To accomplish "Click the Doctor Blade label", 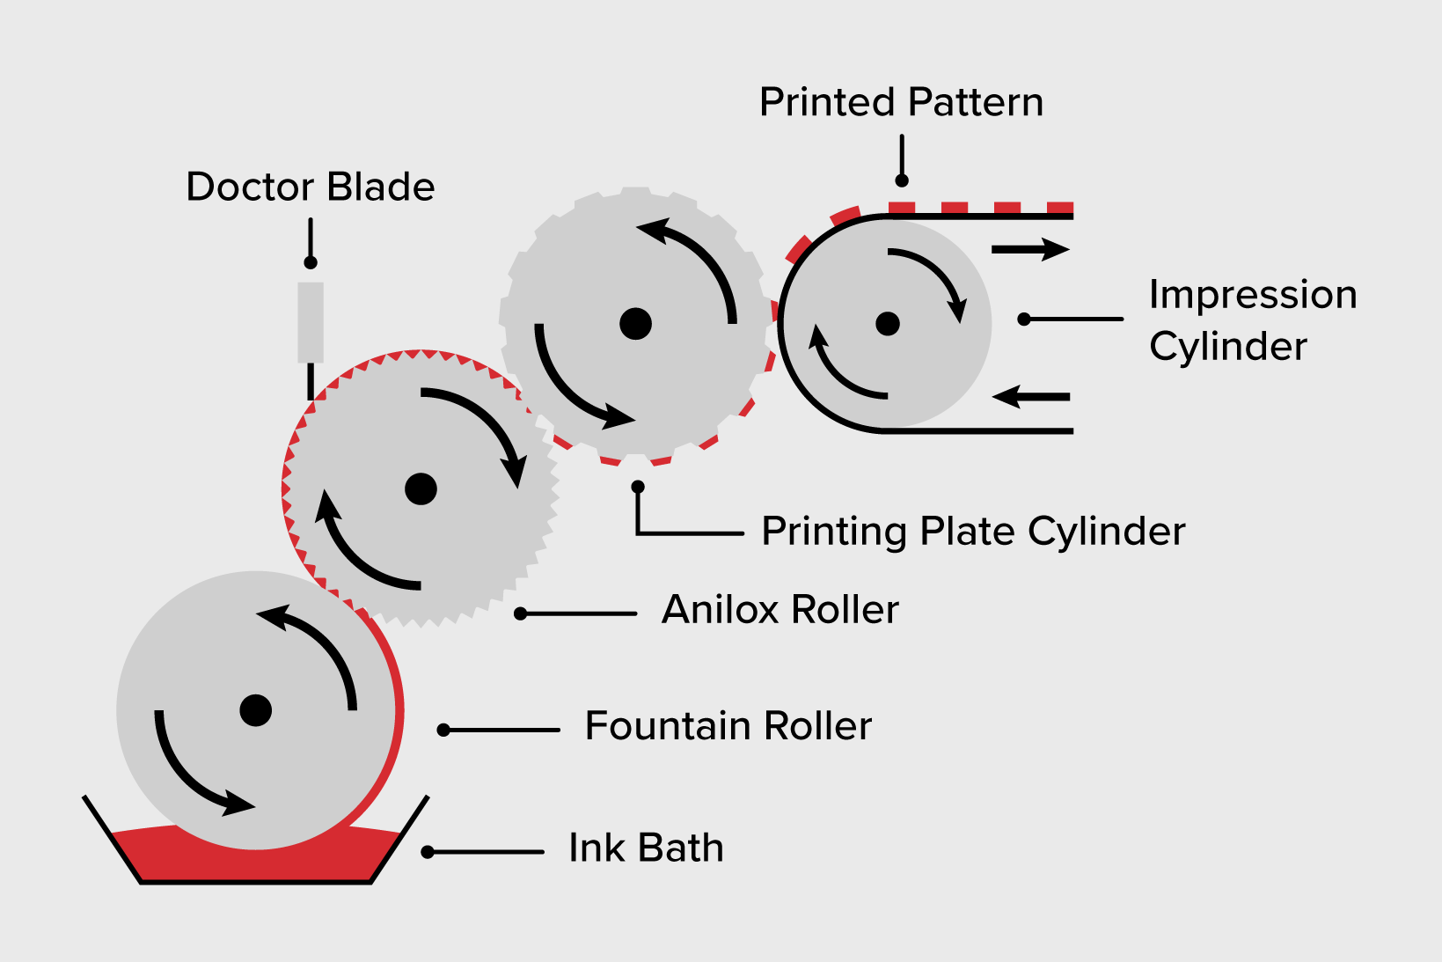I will coord(311,187).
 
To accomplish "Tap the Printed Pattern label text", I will coord(901,102).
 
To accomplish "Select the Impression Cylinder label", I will coord(1252,319).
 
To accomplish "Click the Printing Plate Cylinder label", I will coord(973,532).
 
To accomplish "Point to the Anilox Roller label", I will coord(780,610).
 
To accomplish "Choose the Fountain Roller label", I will coord(728,726).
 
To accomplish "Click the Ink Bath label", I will coord(646,848).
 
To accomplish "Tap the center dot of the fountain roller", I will coord(256,710).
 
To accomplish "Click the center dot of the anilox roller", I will coord(421,488).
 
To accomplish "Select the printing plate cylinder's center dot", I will coord(635,324).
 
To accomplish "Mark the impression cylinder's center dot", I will coord(888,324).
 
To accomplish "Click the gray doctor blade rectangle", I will coord(311,322).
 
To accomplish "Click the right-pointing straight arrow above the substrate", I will coord(1029,250).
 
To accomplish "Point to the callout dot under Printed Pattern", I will coord(902,180).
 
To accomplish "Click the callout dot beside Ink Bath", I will coord(428,852).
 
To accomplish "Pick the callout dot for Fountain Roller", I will coord(444,730).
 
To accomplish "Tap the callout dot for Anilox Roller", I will coord(521,613).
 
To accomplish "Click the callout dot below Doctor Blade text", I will coord(311,262).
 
